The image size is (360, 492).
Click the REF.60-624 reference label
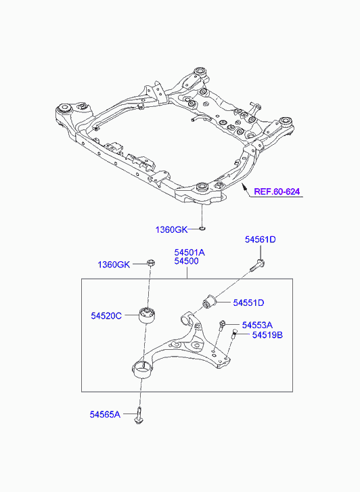tap(277, 192)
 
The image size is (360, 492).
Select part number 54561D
tap(261, 240)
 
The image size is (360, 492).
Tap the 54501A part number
tap(189, 252)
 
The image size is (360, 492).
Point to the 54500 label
tap(187, 261)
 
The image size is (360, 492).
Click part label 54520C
tap(106, 315)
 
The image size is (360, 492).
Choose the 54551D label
tap(248, 303)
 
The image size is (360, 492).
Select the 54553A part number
tap(257, 325)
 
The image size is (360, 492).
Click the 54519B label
tap(267, 335)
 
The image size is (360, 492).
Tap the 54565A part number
tap(105, 414)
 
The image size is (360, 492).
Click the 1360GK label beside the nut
tap(114, 265)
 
